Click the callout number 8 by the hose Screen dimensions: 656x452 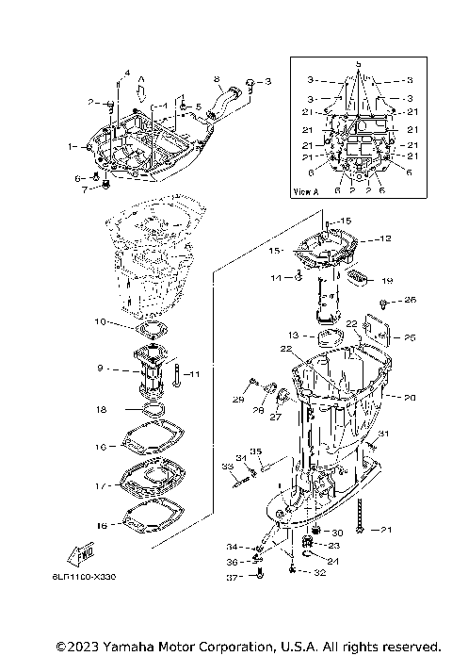click(x=216, y=78)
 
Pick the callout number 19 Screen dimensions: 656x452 click(x=386, y=280)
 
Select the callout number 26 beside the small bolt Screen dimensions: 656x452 click(x=410, y=301)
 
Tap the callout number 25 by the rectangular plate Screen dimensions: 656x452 click(x=410, y=336)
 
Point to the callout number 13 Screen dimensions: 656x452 click(x=293, y=335)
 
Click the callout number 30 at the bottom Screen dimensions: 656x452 click(x=336, y=533)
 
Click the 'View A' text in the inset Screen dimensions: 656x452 click(x=307, y=190)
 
